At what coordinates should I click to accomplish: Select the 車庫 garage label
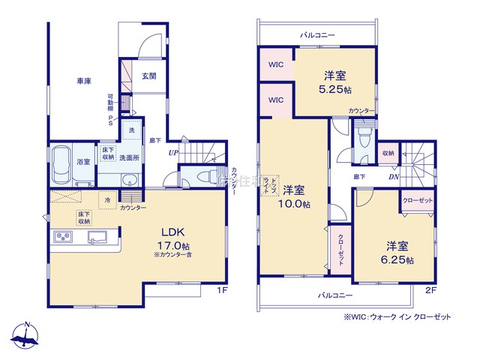[x=82, y=80]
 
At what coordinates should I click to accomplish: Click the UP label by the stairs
[x=173, y=154]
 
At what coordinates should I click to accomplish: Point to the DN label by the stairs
[x=394, y=177]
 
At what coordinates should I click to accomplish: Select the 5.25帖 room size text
[x=334, y=89]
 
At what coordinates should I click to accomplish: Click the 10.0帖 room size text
[x=293, y=205]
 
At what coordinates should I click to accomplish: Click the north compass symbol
[x=27, y=335]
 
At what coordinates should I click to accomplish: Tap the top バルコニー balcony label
[x=317, y=34]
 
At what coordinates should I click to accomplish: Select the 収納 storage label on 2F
[x=387, y=154]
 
